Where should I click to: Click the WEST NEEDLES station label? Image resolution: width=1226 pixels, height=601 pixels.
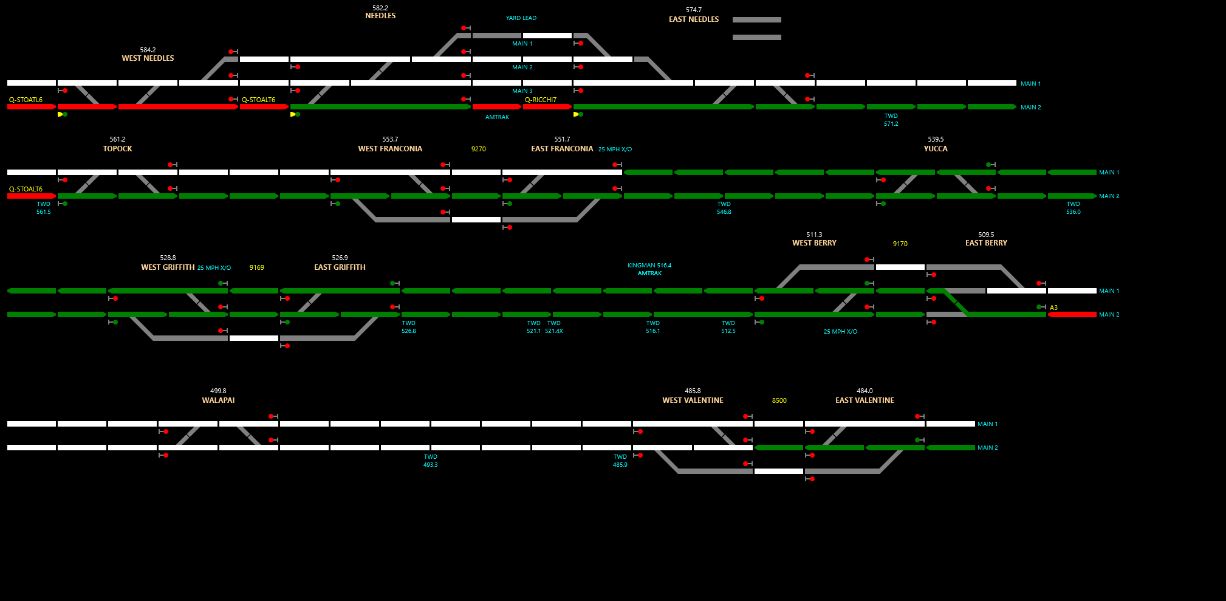point(148,58)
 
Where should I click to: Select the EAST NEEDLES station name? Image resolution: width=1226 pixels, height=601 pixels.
point(693,19)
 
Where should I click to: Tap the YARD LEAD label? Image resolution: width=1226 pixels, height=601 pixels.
point(521,18)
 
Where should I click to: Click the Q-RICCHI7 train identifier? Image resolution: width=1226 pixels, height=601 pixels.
point(540,100)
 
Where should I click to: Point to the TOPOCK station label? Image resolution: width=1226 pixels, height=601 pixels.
point(117,149)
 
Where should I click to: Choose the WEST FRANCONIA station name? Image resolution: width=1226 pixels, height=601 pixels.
point(389,149)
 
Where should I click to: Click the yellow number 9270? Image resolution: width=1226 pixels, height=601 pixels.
point(478,149)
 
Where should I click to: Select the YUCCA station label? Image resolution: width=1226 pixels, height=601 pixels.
point(935,149)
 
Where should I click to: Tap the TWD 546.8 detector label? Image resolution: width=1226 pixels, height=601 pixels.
point(724,208)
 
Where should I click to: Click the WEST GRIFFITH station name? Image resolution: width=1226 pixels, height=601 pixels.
point(168,267)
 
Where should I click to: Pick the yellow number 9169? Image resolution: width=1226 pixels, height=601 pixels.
point(256,267)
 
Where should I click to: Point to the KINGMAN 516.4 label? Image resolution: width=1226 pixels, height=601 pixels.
point(649,266)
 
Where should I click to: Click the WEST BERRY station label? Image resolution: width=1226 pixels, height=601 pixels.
point(813,243)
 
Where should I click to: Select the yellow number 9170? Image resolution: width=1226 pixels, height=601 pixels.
point(900,244)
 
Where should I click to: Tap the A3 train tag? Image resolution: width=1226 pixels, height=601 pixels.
point(1053,307)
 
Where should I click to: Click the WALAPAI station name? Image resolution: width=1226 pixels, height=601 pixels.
point(218,400)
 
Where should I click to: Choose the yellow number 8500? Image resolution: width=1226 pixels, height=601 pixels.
point(779,400)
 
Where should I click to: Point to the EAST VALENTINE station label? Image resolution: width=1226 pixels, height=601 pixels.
point(864,400)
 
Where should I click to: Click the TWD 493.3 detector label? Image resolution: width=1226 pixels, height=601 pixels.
point(430,461)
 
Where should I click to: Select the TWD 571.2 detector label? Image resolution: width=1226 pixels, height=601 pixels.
point(891,120)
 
